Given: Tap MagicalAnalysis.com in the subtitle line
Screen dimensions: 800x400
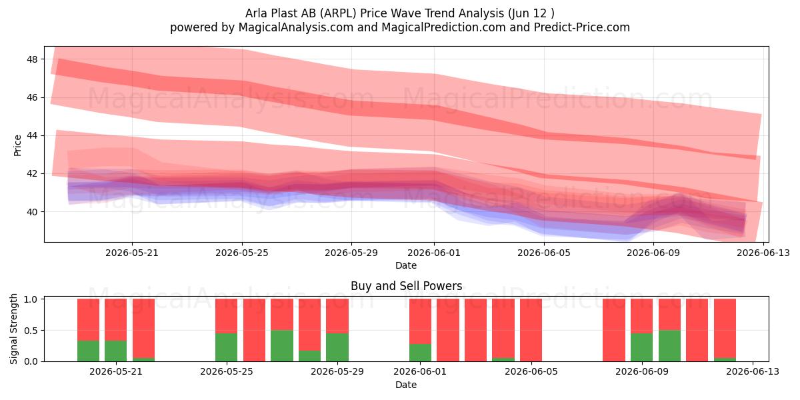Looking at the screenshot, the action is pos(296,27).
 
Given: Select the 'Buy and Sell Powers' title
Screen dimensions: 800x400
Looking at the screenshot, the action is pos(407,286).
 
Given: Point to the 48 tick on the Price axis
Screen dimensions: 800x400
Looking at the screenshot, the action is pos(32,59).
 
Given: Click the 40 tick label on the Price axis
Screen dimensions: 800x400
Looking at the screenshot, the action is pos(32,212).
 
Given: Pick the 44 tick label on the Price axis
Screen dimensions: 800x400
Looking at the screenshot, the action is pos(32,136).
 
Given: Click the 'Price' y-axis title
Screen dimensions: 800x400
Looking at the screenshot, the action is pos(17,145).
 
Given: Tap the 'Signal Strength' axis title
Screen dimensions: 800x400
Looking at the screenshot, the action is pos(13,329).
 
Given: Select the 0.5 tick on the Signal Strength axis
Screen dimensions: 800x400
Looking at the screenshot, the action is pos(31,331).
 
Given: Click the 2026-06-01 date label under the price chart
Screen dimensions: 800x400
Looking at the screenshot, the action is pos(434,253).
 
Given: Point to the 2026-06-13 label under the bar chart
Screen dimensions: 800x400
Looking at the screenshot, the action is pos(753,372).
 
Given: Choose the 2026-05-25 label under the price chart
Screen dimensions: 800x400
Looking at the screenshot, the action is pos(242,253).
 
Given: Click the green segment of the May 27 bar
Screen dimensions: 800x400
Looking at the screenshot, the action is pos(282,346).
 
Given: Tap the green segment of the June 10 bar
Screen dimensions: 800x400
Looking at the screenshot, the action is pos(669,346).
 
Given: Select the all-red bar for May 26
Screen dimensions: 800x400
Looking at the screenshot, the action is pos(254,330).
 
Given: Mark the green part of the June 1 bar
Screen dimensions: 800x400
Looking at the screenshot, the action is pos(421,353).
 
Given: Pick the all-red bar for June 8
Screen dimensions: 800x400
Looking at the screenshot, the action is pos(614,330).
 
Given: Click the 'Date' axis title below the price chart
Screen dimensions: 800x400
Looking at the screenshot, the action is pos(406,266).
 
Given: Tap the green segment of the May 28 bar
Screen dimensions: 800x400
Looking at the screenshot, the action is pos(309,356).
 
